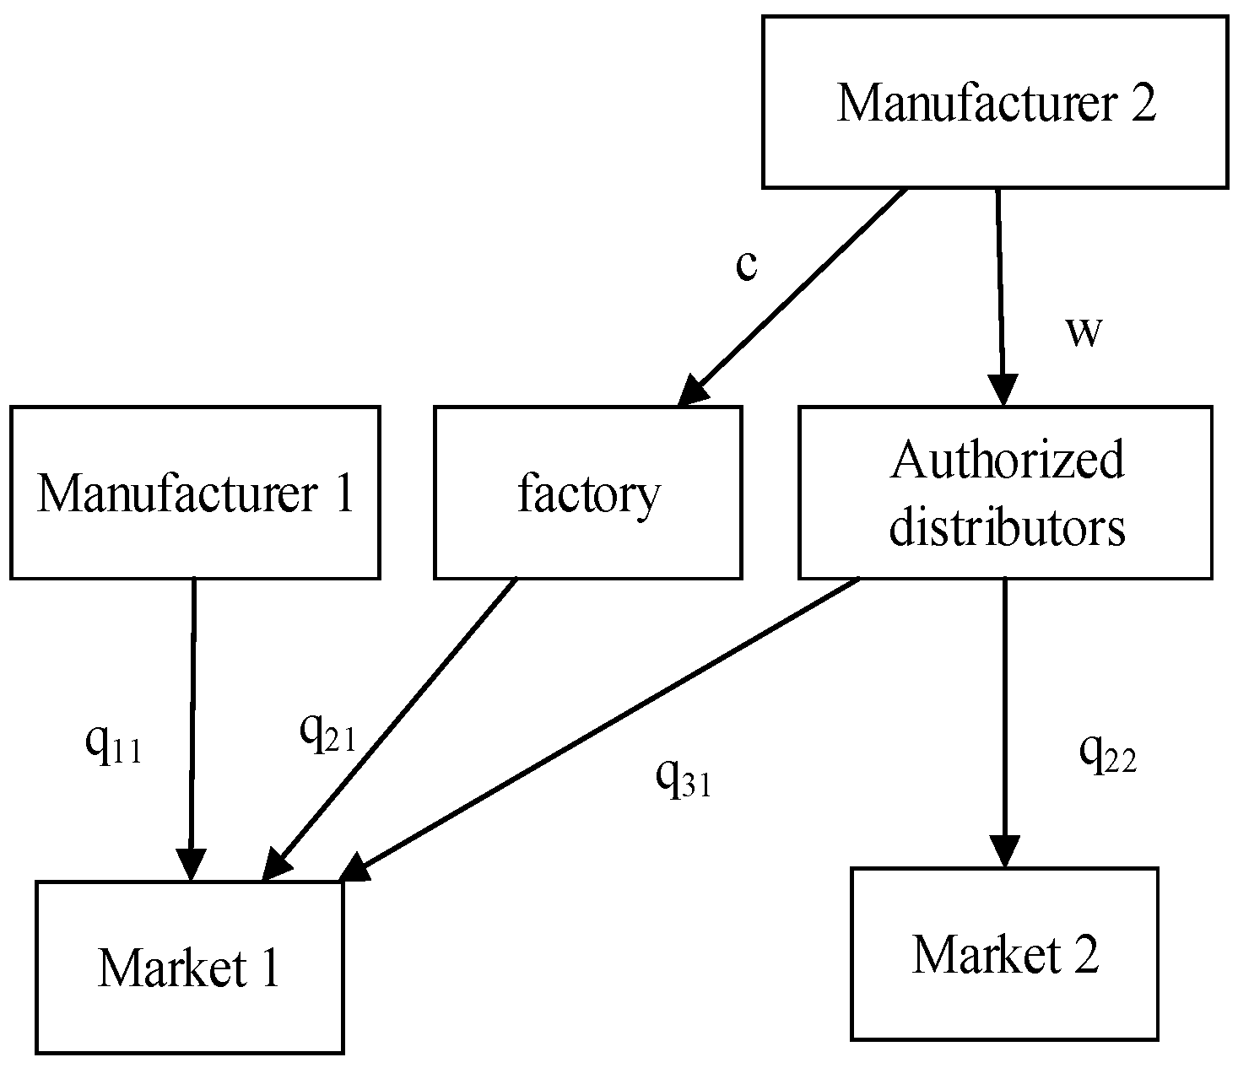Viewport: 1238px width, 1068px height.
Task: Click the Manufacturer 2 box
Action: [994, 101]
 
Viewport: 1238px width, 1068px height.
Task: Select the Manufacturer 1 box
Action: [195, 493]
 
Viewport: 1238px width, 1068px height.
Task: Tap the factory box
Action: [588, 493]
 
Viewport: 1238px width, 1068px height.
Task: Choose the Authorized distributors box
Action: [1005, 493]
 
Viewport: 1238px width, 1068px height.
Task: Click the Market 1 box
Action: [189, 967]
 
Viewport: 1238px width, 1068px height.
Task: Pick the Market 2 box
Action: [1004, 953]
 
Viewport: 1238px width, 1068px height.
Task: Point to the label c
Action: [746, 265]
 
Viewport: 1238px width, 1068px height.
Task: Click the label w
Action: [1084, 331]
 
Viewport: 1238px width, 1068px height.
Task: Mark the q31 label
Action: [684, 778]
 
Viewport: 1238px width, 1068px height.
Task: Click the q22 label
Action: [1107, 752]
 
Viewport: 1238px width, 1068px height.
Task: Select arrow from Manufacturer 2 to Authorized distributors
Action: [1001, 295]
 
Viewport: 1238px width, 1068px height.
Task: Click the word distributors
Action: [1008, 528]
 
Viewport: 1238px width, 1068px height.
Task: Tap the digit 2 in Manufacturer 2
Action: [1142, 103]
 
